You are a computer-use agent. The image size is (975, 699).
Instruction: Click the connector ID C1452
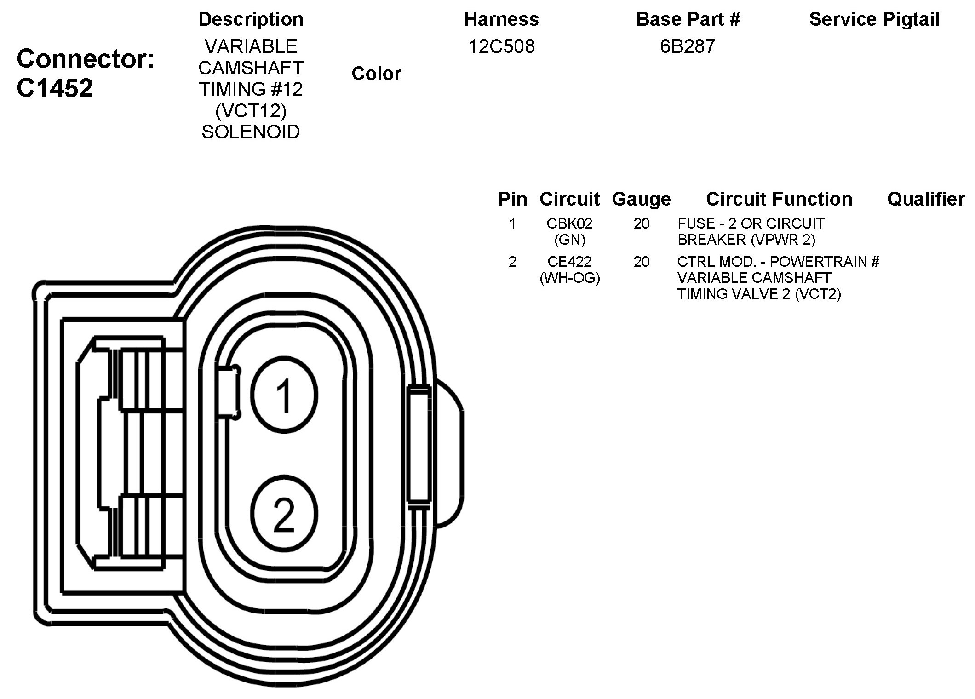click(55, 88)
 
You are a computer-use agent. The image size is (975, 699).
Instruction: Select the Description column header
click(251, 19)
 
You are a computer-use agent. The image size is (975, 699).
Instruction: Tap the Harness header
click(501, 19)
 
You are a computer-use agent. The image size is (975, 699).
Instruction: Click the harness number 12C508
click(501, 46)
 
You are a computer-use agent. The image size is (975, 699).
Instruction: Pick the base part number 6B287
click(688, 46)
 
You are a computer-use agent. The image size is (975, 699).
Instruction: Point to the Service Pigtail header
click(874, 19)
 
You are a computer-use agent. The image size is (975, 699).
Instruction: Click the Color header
click(376, 74)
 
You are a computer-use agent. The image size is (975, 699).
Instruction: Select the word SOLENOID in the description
click(251, 132)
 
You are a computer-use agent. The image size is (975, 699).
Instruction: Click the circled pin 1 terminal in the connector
click(284, 395)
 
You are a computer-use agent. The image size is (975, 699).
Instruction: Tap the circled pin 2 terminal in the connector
click(284, 513)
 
